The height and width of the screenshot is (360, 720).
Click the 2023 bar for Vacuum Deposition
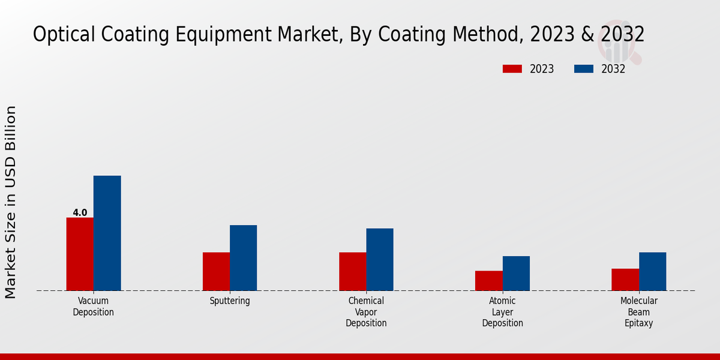[x=80, y=254]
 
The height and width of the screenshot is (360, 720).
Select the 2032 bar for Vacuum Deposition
[x=107, y=233]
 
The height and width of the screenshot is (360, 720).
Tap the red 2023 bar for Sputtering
[x=216, y=271]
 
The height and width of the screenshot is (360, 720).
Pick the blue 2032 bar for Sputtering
[x=243, y=257]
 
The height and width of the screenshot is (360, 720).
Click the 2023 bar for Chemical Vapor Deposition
[x=352, y=271]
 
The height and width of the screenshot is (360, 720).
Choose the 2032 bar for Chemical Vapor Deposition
[x=380, y=259]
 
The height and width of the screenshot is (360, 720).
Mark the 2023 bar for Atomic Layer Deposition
[x=488, y=280]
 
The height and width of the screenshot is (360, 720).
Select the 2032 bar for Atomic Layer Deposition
[x=516, y=273]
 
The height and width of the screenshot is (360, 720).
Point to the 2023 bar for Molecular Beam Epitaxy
[x=625, y=279]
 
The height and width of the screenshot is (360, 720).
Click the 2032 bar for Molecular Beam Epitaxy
[x=652, y=271]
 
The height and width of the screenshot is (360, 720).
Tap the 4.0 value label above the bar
[x=80, y=212]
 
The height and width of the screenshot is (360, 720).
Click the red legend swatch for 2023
[x=512, y=69]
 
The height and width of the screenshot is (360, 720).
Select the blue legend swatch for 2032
[x=583, y=69]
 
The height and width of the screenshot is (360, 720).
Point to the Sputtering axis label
[x=230, y=301]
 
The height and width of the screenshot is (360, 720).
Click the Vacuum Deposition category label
[x=93, y=307]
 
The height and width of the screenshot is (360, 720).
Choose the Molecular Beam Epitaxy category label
[x=638, y=312]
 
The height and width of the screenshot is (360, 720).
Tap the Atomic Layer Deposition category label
[x=502, y=312]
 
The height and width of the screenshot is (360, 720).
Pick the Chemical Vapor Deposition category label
[x=366, y=312]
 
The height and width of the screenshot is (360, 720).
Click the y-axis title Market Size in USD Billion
[x=11, y=202]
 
